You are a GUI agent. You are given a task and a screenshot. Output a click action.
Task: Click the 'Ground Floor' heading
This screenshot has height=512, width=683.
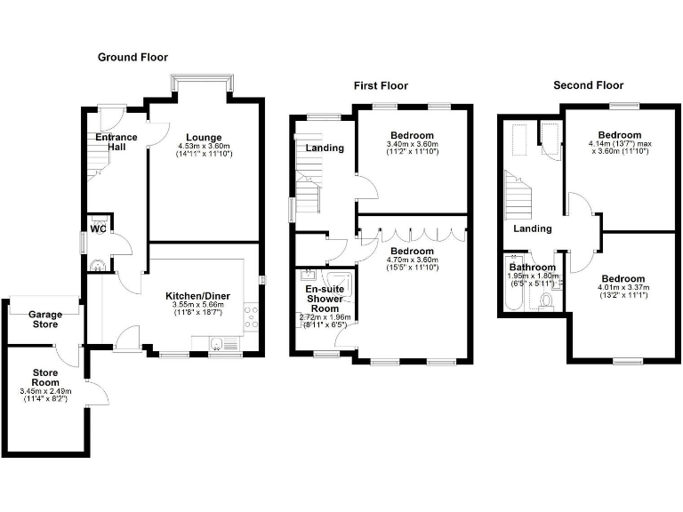(x=133, y=57)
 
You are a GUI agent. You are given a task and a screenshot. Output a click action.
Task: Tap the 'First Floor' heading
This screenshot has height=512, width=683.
(x=381, y=85)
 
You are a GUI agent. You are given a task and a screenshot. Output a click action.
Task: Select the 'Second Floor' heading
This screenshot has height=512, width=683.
(x=588, y=85)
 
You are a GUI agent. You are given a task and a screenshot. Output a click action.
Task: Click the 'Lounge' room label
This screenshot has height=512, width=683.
(x=204, y=137)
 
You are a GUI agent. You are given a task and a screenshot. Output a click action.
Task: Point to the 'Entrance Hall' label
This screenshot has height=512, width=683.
(x=117, y=141)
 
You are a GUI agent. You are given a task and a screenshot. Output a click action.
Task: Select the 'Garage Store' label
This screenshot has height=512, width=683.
(x=44, y=320)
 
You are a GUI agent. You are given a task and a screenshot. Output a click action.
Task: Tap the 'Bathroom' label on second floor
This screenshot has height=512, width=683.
(x=532, y=267)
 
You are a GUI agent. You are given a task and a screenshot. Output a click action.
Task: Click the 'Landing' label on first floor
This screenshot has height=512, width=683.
(x=325, y=148)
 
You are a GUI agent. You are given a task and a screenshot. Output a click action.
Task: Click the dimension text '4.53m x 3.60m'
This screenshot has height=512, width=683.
(x=204, y=146)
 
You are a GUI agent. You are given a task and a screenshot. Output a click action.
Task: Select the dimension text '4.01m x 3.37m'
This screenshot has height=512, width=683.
(x=623, y=287)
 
